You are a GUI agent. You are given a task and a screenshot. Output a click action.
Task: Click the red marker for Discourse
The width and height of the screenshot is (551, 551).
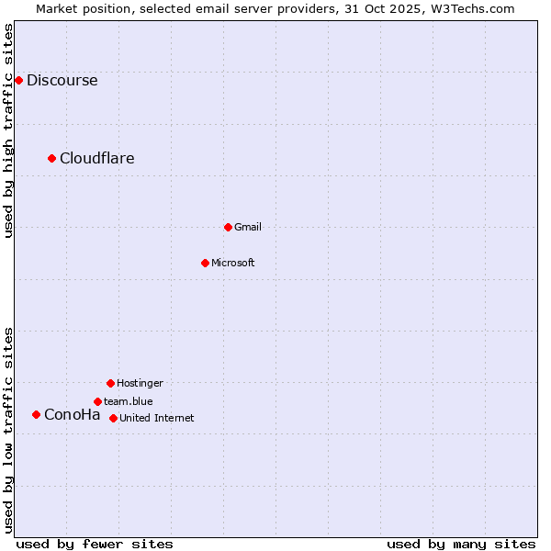[x=18, y=80]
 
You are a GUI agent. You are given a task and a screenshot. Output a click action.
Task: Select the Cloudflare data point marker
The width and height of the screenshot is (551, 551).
[x=52, y=158]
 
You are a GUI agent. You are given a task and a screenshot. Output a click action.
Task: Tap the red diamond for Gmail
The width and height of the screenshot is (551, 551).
[x=228, y=227]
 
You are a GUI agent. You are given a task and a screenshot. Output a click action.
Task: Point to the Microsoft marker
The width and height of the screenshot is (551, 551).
[x=205, y=263]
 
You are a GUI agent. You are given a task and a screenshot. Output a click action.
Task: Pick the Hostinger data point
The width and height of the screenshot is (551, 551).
[x=110, y=383]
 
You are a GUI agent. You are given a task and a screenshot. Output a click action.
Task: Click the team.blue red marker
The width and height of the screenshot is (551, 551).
[x=97, y=401]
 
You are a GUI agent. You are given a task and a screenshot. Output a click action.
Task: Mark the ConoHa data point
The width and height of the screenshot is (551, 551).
[x=36, y=414]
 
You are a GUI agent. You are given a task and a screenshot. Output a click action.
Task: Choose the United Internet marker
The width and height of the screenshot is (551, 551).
[x=113, y=418]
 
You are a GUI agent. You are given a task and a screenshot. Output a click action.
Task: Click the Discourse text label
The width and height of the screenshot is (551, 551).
[x=62, y=80]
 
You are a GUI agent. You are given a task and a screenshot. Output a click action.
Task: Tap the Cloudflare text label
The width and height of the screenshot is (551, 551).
[x=97, y=158]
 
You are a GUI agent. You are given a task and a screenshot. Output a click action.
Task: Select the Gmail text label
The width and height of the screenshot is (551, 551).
[x=248, y=227]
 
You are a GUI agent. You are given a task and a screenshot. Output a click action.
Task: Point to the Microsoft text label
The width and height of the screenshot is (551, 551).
[x=233, y=263]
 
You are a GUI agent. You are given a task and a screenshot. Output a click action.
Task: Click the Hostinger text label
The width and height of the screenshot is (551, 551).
[x=140, y=383]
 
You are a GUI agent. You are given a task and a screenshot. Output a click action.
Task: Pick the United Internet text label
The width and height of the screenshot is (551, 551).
[x=157, y=418]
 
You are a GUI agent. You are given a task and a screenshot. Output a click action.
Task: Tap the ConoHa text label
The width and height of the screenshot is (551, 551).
[x=73, y=414]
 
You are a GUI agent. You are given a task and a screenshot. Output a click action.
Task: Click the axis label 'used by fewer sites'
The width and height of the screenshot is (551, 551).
[x=95, y=544]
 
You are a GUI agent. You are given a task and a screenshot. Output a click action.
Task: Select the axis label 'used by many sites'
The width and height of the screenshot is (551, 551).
[x=461, y=544]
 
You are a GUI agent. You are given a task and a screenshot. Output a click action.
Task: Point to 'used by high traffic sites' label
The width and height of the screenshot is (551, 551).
[x=8, y=130]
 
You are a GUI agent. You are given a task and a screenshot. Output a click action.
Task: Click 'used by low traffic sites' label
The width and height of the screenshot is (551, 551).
[x=8, y=429]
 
